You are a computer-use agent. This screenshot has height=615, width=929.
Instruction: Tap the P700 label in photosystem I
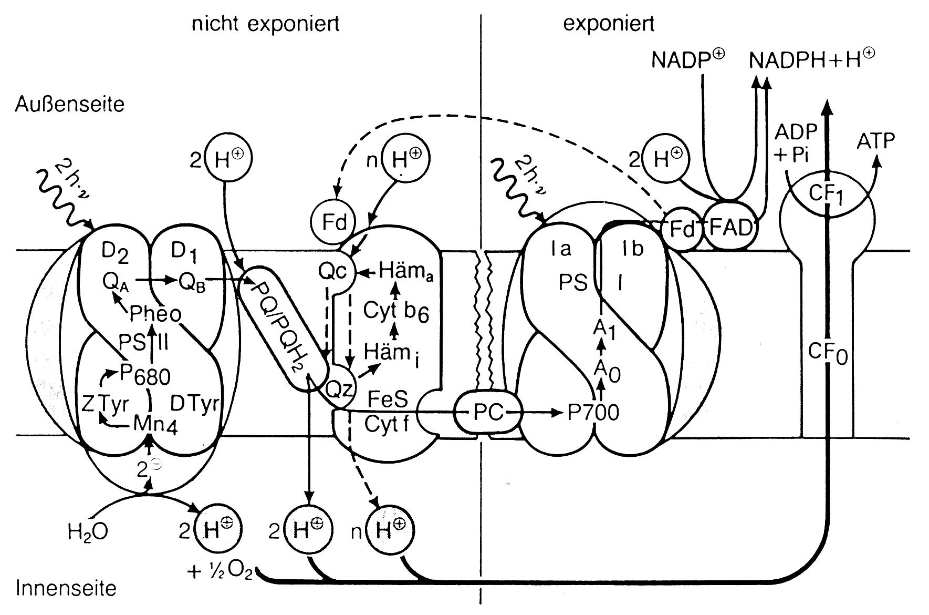594,413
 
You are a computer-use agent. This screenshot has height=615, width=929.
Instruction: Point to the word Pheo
155,314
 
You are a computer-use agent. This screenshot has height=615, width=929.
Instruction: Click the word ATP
875,141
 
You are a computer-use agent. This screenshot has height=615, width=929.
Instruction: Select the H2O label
88,532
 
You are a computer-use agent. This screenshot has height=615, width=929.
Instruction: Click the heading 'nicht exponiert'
265,24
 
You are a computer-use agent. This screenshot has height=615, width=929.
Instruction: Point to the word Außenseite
70,104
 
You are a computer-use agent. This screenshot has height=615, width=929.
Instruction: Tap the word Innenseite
66,587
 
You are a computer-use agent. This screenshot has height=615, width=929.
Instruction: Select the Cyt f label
387,424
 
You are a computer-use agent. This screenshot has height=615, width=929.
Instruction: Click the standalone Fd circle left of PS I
335,223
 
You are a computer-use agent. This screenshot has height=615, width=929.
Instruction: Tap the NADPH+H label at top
812,59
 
